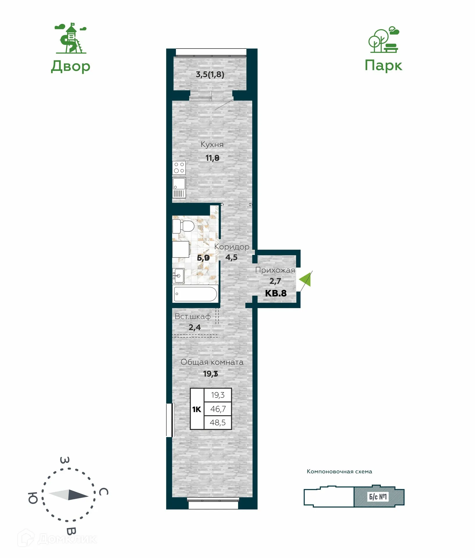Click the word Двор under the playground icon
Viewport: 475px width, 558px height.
tap(71, 66)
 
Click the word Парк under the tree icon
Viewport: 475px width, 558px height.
tap(383, 65)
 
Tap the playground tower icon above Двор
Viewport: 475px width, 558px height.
tap(71, 39)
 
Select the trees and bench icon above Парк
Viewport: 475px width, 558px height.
tap(384, 40)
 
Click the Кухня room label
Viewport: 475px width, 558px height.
tap(212, 144)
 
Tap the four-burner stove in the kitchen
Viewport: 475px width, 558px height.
tap(179, 168)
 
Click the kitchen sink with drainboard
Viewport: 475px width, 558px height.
tap(179, 188)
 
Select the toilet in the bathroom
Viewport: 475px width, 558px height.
tap(183, 226)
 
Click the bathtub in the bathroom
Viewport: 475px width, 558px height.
tap(195, 294)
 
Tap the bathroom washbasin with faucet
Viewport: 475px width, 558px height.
tap(178, 275)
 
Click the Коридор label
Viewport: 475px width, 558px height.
tap(232, 247)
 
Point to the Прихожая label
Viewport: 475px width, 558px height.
tap(275, 270)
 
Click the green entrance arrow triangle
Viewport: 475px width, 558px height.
tap(306, 280)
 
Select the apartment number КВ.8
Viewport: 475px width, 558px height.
tap(276, 293)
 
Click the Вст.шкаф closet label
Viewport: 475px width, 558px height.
tap(192, 316)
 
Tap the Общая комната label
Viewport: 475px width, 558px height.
tap(212, 362)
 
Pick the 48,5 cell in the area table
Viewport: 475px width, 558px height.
tap(217, 422)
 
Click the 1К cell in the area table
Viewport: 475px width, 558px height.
tap(197, 409)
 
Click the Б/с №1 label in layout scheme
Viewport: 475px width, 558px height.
tap(378, 496)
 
